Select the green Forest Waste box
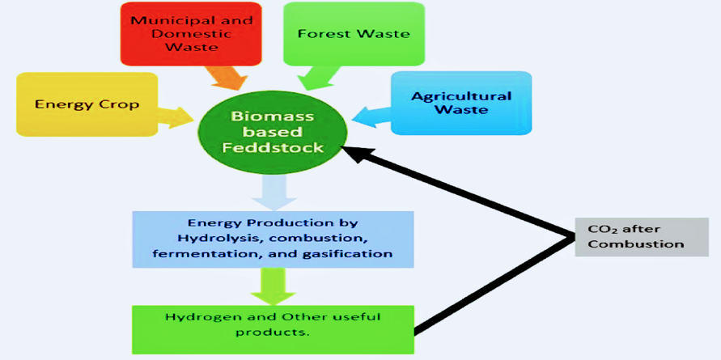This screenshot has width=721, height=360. tap(354, 33)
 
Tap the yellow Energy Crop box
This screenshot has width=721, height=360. tap(87, 104)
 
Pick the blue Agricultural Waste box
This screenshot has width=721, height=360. tap(461, 103)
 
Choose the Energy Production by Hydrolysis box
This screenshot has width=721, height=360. tap(273, 239)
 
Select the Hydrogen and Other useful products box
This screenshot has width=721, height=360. tap(273, 324)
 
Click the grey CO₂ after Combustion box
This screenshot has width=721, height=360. tap(630, 236)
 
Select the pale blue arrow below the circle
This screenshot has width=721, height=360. tap(273, 192)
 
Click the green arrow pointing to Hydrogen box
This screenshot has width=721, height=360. tap(273, 285)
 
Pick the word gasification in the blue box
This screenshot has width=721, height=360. tap(354, 253)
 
